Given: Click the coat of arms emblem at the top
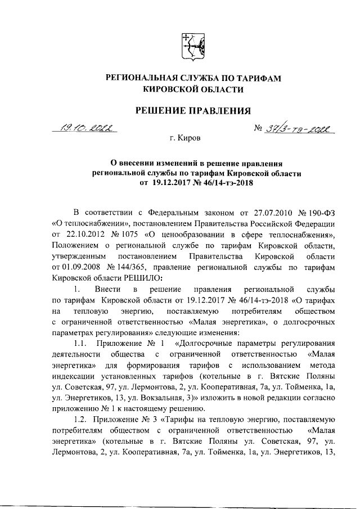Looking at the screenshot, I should coord(192,46).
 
